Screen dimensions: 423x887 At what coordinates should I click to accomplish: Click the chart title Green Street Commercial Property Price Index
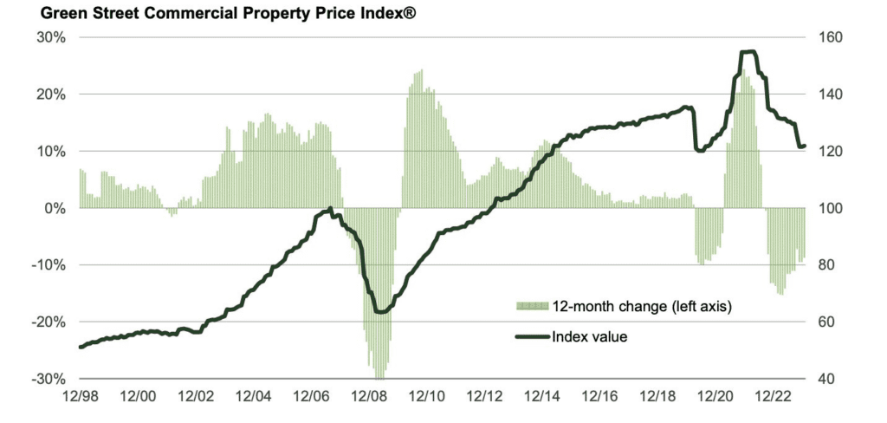(x=212, y=13)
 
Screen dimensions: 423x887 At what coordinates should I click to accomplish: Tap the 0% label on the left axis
(x=55, y=208)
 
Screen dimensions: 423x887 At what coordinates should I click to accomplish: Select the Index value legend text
(x=590, y=336)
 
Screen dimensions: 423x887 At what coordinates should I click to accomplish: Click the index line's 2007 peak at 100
(x=330, y=208)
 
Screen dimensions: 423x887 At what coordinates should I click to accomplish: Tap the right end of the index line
(x=805, y=146)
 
